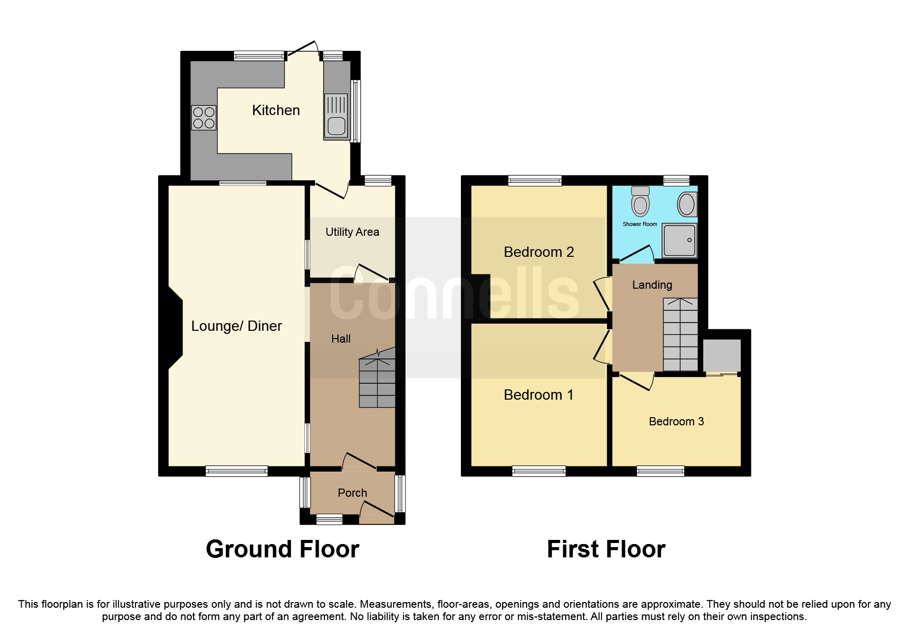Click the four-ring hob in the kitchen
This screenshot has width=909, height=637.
click(x=204, y=118)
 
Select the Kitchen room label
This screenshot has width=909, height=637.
click(x=276, y=110)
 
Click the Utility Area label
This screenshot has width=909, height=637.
click(x=352, y=232)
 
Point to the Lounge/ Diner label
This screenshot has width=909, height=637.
click(x=237, y=326)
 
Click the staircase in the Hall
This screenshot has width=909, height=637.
click(x=377, y=378)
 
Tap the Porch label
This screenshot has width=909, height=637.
click(x=352, y=493)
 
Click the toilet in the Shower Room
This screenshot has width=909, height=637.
click(x=640, y=202)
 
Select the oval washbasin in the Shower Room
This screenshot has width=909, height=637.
click(x=687, y=204)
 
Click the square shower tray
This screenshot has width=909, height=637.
click(x=679, y=240)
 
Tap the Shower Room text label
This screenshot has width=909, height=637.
click(x=640, y=224)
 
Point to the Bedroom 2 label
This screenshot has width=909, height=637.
click(x=538, y=252)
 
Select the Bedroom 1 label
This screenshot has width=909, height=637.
click(x=538, y=395)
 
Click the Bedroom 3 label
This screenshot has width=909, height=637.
click(x=676, y=422)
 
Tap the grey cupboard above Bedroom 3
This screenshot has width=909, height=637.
click(x=722, y=355)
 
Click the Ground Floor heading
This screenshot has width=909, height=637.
click(x=282, y=549)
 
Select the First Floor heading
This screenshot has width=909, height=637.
click(x=606, y=549)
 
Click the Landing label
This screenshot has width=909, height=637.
click(x=652, y=285)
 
